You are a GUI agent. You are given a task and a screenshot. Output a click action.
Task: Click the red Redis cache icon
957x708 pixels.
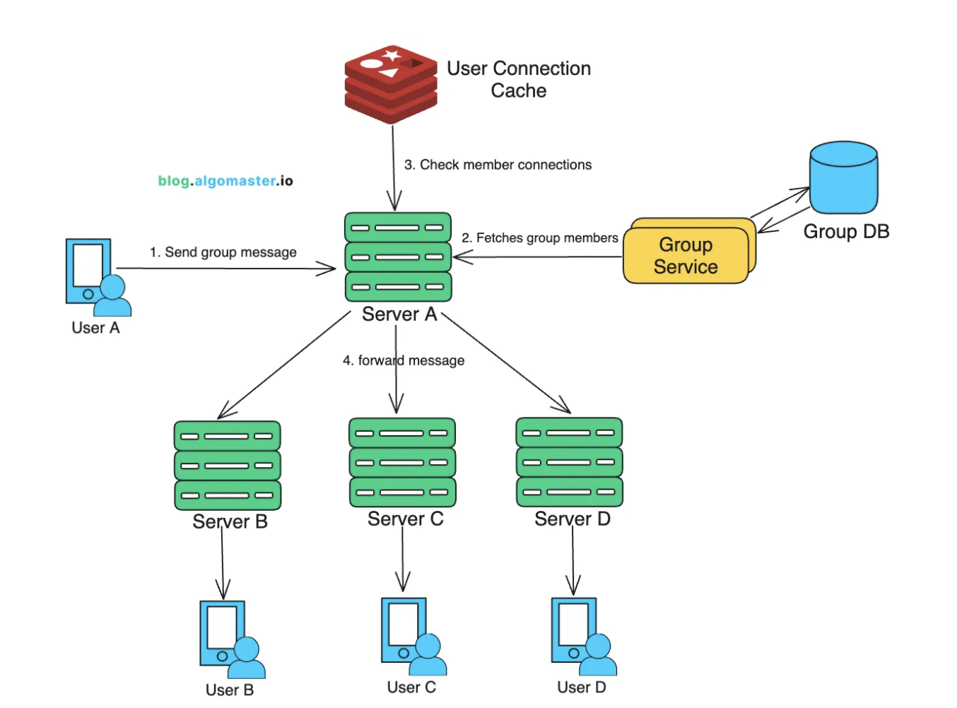(391, 84)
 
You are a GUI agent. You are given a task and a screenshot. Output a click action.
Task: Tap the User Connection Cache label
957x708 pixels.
(519, 79)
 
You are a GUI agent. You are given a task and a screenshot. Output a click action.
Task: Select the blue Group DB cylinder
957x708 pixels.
(843, 177)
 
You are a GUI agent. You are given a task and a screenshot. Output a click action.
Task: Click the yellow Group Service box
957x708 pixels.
(686, 255)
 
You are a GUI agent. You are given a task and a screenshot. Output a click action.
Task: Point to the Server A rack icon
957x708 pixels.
(398, 257)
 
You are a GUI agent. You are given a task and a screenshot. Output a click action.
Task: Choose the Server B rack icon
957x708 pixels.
(228, 466)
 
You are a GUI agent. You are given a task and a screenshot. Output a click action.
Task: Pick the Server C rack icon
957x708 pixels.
(402, 462)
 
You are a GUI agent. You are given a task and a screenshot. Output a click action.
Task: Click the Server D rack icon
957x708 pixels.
(570, 462)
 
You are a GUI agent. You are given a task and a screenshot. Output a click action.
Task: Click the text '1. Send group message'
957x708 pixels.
(223, 252)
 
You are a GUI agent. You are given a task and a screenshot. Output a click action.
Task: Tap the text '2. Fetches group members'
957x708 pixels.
(540, 238)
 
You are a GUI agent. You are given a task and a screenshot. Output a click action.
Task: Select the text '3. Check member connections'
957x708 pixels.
(498, 165)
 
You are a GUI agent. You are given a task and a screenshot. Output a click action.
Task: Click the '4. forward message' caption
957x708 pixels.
(404, 360)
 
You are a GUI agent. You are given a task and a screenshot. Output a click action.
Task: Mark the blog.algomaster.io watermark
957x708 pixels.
(225, 181)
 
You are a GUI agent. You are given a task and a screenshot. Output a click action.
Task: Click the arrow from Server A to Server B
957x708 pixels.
(285, 365)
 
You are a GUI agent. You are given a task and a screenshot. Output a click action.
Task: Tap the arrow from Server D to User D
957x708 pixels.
(573, 561)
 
